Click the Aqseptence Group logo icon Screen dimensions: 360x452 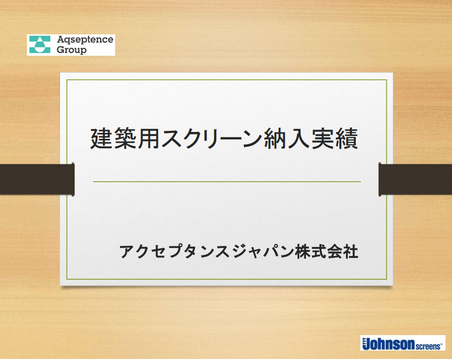click(x=39, y=45)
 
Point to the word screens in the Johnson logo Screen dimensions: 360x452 click(x=428, y=345)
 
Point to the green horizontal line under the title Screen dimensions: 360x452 click(x=227, y=182)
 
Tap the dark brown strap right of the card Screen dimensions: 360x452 click(x=415, y=179)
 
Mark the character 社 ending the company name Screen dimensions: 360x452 click(x=351, y=251)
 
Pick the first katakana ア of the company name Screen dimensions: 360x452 click(x=126, y=251)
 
